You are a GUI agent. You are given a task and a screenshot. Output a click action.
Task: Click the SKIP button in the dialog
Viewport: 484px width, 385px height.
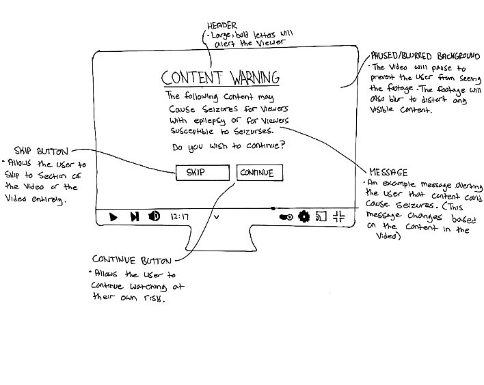[x=202, y=172]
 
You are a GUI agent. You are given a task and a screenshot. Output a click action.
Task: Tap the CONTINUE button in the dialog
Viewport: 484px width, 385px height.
[x=260, y=173]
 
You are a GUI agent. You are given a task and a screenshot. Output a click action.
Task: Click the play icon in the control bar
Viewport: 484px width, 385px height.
[x=113, y=217]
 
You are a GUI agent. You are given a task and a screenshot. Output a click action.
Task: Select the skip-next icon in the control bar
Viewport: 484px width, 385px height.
[x=135, y=216]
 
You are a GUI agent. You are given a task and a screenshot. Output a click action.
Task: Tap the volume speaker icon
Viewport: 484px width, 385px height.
[x=154, y=216]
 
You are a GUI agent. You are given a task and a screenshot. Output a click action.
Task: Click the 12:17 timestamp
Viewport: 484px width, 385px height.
[x=179, y=216]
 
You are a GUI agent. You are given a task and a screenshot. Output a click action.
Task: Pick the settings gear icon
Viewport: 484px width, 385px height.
[x=304, y=216]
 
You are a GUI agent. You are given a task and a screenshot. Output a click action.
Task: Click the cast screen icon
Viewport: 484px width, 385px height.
[x=321, y=216]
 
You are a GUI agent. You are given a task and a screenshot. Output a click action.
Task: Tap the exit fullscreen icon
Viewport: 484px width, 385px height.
[x=338, y=216]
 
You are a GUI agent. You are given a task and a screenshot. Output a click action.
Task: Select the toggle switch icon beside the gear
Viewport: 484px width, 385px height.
[x=286, y=217]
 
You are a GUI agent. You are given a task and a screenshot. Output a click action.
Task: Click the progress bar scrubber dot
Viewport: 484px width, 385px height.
[x=273, y=208]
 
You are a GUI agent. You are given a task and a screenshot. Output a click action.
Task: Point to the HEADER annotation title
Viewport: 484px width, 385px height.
[x=222, y=25]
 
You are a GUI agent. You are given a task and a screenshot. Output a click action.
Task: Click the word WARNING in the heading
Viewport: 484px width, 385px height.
[x=255, y=77]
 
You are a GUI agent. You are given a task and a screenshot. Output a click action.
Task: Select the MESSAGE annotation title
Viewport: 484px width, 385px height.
[x=388, y=172]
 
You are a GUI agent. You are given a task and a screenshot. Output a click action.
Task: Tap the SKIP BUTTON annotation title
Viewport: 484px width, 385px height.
[x=41, y=151]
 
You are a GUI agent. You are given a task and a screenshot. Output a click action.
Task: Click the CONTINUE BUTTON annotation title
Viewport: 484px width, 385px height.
[x=131, y=260]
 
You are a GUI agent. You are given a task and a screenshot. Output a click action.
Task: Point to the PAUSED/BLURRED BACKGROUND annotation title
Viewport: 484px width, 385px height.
[x=425, y=56]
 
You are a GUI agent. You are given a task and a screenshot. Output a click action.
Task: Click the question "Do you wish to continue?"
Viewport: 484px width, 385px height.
[x=228, y=146]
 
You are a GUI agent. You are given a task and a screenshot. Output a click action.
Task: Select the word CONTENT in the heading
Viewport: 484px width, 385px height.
[x=191, y=78]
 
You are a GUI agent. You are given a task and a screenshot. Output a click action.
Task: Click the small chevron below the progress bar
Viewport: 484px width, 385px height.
[x=217, y=217]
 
